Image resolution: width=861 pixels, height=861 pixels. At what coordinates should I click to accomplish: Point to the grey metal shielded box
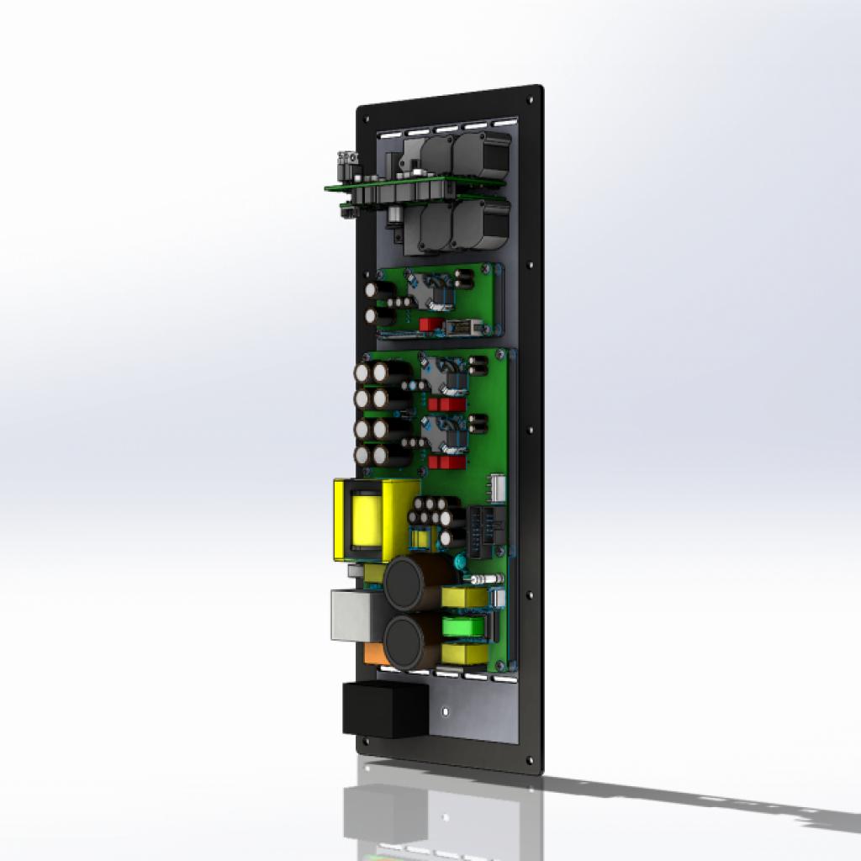(355, 614)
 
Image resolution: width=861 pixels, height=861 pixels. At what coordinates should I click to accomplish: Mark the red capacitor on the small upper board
(430, 325)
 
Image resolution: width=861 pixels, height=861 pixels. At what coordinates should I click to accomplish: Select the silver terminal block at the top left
(346, 159)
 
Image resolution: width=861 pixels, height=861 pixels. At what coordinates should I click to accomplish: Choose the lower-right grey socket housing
(479, 224)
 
